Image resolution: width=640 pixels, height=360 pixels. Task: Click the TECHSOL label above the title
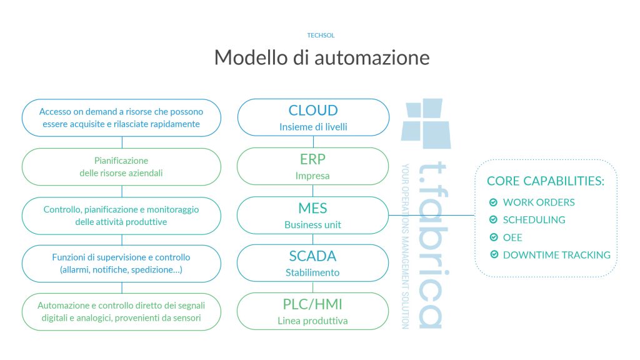[x=321, y=36]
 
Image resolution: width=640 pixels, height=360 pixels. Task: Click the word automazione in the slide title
[x=372, y=57]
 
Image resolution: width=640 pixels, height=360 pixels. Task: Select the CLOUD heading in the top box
[x=313, y=110]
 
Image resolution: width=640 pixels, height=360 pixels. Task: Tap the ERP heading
[x=312, y=159]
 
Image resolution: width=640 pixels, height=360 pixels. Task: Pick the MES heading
[x=312, y=208]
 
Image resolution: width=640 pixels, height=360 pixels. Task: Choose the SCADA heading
[x=312, y=256]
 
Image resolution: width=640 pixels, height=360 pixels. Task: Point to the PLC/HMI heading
[x=312, y=304]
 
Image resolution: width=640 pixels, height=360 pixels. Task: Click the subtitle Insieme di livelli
[x=313, y=127]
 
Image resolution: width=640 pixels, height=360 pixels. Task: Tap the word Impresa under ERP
[x=312, y=176]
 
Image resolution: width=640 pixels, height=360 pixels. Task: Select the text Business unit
[x=312, y=225]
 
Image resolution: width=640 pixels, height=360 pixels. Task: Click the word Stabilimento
[x=312, y=272]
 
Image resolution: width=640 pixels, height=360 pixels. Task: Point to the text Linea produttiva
[x=312, y=321]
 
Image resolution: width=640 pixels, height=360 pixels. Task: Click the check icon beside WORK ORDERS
[x=494, y=202]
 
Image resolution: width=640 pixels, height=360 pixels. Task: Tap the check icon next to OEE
[x=494, y=237]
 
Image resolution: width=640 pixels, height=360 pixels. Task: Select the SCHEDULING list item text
[x=534, y=219]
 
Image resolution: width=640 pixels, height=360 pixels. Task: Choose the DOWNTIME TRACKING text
[x=557, y=255]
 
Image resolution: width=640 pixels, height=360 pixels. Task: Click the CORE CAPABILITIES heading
[x=545, y=181]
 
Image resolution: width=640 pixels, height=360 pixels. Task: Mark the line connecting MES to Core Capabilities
[x=431, y=215]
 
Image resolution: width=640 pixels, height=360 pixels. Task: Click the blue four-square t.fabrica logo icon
[x=426, y=123]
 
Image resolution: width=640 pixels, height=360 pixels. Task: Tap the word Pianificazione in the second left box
[x=121, y=161]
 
